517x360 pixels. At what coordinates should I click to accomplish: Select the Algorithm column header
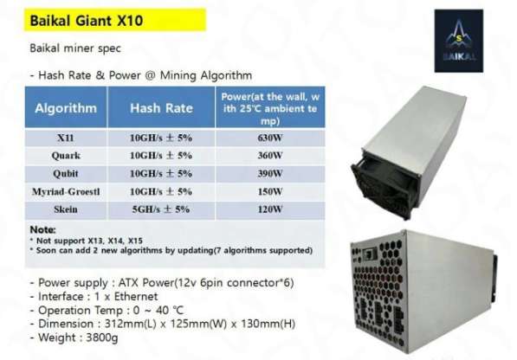(66, 108)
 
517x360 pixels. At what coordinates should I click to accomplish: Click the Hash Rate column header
(161, 108)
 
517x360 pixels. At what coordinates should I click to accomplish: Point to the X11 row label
(66, 137)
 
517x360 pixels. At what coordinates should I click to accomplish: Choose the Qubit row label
(66, 173)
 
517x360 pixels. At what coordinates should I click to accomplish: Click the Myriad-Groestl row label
(66, 191)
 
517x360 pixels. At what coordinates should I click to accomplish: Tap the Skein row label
(66, 209)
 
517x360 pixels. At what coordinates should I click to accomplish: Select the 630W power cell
(270, 137)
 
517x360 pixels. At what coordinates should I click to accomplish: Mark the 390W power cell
(270, 173)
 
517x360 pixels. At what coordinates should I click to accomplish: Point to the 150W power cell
(270, 191)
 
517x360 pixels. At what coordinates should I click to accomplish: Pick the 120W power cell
(270, 209)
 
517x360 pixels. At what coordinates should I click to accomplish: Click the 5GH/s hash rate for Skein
(161, 209)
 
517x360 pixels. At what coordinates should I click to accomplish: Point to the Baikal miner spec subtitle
(79, 48)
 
